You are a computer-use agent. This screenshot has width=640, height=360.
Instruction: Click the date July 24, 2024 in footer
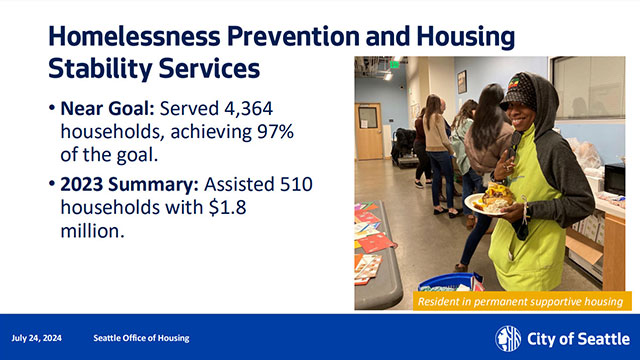click(36, 337)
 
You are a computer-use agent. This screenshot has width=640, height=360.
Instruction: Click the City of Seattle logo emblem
click(508, 337)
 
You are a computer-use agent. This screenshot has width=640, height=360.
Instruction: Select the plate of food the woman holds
click(490, 200)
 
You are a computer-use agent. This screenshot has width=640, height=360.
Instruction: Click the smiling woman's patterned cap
click(521, 93)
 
